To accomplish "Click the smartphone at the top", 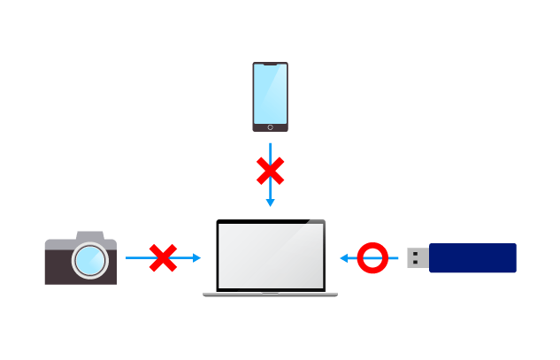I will tap(270, 97).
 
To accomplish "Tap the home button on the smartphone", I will tap(270, 127).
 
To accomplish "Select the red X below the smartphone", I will tap(270, 171).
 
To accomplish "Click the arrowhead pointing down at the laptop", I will tap(270, 203).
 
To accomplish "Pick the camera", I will tap(81, 258).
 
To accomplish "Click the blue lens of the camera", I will tap(89, 261).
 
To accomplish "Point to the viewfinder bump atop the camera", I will tap(89, 235).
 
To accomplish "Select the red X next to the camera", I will tap(163, 258).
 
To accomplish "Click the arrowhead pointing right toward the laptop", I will tap(196, 258).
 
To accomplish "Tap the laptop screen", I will tap(271, 255).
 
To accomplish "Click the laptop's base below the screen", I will tap(270, 293).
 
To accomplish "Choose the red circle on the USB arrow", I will tap(372, 258).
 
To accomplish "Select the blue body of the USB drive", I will tap(472, 258).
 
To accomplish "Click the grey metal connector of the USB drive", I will tap(418, 258).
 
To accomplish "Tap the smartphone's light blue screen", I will tap(270, 94).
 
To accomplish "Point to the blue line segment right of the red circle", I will tap(394, 258).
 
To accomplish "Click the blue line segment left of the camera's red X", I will tap(136, 258).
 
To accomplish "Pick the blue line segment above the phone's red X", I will tap(270, 149).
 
